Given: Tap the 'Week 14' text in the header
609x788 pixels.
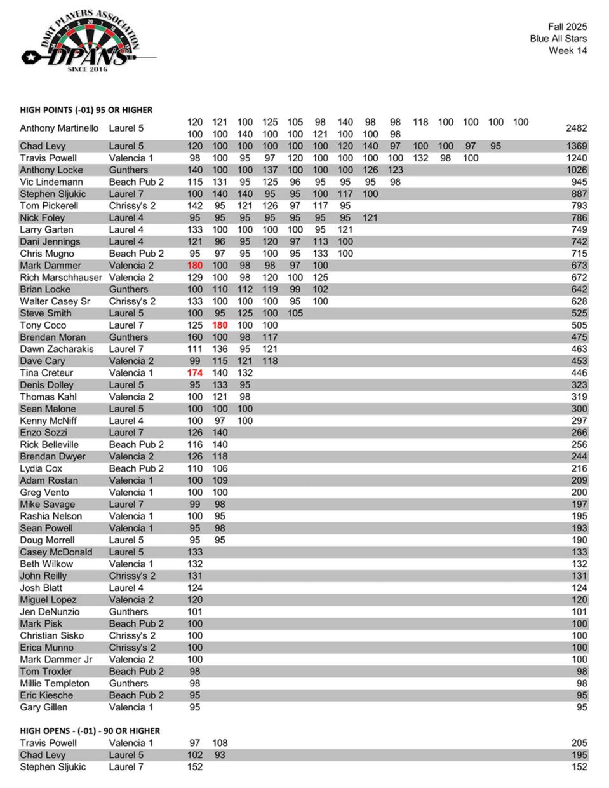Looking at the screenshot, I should pyautogui.click(x=568, y=51).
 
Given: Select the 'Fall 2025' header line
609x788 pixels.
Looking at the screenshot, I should pyautogui.click(x=567, y=27).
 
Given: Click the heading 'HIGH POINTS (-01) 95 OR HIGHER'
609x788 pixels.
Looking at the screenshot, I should pyautogui.click(x=86, y=110).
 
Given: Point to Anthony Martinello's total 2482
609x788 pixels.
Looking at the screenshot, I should pyautogui.click(x=576, y=128).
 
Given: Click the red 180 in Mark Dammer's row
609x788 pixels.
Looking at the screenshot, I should pyautogui.click(x=195, y=266).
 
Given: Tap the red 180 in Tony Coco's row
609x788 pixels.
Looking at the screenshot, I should pyautogui.click(x=220, y=325).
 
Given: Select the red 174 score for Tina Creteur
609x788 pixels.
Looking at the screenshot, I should pyautogui.click(x=195, y=373).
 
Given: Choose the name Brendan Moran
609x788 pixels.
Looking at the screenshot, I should pyautogui.click(x=53, y=337).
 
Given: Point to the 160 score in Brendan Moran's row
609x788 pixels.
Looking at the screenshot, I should pyautogui.click(x=195, y=337).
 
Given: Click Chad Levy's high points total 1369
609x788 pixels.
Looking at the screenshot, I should pyautogui.click(x=576, y=146).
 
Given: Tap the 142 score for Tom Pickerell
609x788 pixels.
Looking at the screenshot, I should pyautogui.click(x=195, y=206).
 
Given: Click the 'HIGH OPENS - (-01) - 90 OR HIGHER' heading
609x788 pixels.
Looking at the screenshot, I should pyautogui.click(x=90, y=731).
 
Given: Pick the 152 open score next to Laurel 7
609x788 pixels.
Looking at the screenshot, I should pyautogui.click(x=195, y=767).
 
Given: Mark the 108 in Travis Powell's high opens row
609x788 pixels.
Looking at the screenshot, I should pyautogui.click(x=220, y=743).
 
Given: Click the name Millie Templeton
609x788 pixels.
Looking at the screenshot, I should pyautogui.click(x=55, y=684).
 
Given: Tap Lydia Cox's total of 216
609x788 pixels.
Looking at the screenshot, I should pyautogui.click(x=579, y=469).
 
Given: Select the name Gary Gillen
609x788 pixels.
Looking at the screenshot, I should pyautogui.click(x=44, y=707).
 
